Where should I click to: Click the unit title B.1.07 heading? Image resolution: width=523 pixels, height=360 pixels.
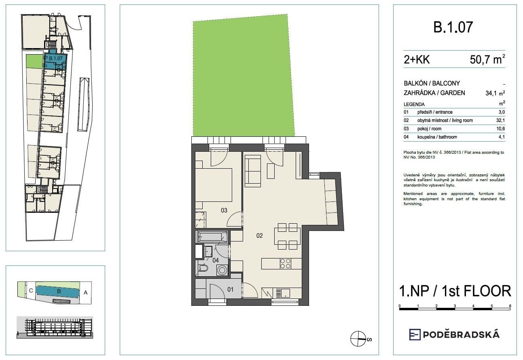click(453, 28)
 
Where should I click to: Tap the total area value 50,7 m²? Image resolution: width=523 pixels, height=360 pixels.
click(487, 60)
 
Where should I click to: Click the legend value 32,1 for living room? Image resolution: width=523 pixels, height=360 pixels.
click(500, 121)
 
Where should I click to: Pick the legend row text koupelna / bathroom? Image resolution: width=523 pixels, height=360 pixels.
click(437, 137)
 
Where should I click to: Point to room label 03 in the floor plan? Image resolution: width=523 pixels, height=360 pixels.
click(224, 210)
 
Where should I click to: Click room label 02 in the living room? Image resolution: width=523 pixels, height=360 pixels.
click(260, 235)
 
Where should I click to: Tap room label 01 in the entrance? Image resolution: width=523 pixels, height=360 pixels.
click(230, 289)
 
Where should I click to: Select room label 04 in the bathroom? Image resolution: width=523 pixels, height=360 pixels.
click(216, 261)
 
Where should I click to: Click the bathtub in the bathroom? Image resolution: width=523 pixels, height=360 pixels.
click(212, 237)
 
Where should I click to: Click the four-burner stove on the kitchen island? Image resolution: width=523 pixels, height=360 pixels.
click(285, 263)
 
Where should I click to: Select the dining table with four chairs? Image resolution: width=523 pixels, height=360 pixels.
click(288, 236)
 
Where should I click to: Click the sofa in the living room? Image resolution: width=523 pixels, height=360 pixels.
click(253, 171)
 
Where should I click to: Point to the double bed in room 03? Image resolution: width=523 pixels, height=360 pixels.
click(214, 185)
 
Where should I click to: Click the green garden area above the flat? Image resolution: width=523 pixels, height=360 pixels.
click(243, 77)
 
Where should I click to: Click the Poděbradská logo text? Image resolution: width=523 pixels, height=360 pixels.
click(461, 335)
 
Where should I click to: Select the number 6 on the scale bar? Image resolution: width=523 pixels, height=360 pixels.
click(510, 306)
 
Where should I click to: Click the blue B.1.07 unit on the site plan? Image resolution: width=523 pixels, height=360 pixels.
click(54, 59)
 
